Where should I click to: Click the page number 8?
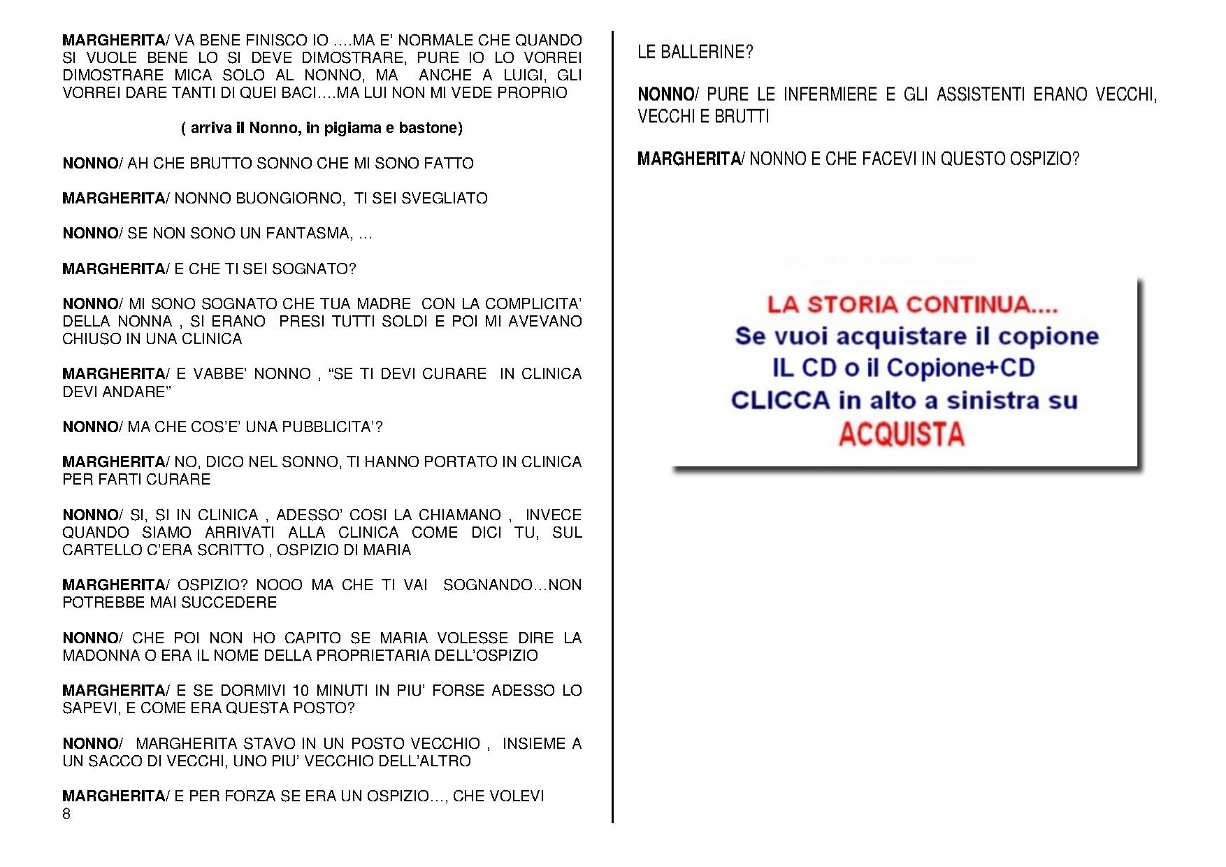click(66, 814)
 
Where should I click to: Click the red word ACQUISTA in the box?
click(901, 434)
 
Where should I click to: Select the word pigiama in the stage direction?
click(349, 128)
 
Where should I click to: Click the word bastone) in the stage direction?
click(431, 128)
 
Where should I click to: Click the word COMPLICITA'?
click(533, 304)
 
